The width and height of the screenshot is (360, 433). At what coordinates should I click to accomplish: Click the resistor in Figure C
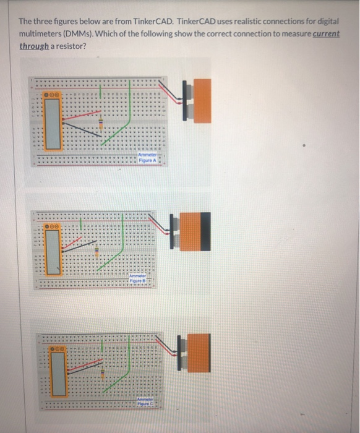tap(101, 374)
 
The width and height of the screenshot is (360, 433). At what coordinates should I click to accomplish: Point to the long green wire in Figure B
tap(124, 241)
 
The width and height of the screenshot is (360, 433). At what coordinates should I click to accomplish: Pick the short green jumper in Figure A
tap(101, 93)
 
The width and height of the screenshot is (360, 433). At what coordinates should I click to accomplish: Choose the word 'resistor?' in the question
tap(73, 46)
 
